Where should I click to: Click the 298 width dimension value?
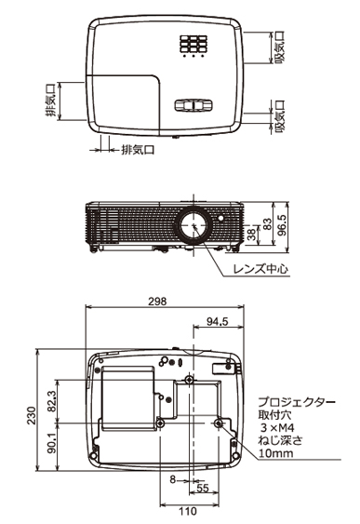tap(157, 302)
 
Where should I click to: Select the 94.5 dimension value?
tap(217, 321)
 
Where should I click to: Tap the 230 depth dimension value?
tap(32, 415)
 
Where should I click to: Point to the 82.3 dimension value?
tap(52, 401)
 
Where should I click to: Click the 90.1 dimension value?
tap(52, 443)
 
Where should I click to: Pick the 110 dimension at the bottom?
tap(188, 511)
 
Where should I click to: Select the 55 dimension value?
tap(203, 489)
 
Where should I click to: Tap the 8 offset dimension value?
tap(172, 479)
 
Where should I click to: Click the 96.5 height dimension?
tap(283, 225)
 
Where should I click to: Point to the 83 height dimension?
tap(268, 224)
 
